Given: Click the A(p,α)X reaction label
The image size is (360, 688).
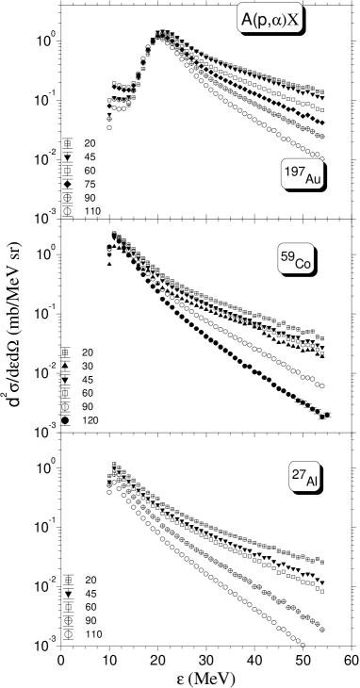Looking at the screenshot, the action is coord(270,18).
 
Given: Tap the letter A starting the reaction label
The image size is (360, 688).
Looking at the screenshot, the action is coord(247,18).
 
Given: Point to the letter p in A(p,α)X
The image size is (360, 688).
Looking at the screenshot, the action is coord(261,19).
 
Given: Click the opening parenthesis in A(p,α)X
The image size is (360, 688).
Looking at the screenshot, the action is coord(254,18).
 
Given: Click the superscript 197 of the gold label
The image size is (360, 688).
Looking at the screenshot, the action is coord(294,171).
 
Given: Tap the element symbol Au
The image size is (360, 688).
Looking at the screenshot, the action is coord(312,179).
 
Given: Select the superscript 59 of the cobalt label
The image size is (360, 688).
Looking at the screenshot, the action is coord(287,255).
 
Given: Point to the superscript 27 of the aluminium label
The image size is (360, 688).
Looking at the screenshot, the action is coord(298,474).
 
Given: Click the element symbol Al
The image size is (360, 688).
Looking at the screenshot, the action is coord(312,482).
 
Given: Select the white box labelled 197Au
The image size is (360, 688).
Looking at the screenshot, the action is coord(303,175).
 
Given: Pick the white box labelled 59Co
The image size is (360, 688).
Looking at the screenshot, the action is coord(295,260).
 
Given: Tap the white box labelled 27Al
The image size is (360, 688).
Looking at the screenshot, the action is coord(304,478).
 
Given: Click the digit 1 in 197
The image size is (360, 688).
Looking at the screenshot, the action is coord(287,171).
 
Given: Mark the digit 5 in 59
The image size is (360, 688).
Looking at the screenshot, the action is coord(285,255).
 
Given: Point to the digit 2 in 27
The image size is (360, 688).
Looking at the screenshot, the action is coord(295,474).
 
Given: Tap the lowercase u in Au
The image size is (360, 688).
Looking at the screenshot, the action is coord(316,180).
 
